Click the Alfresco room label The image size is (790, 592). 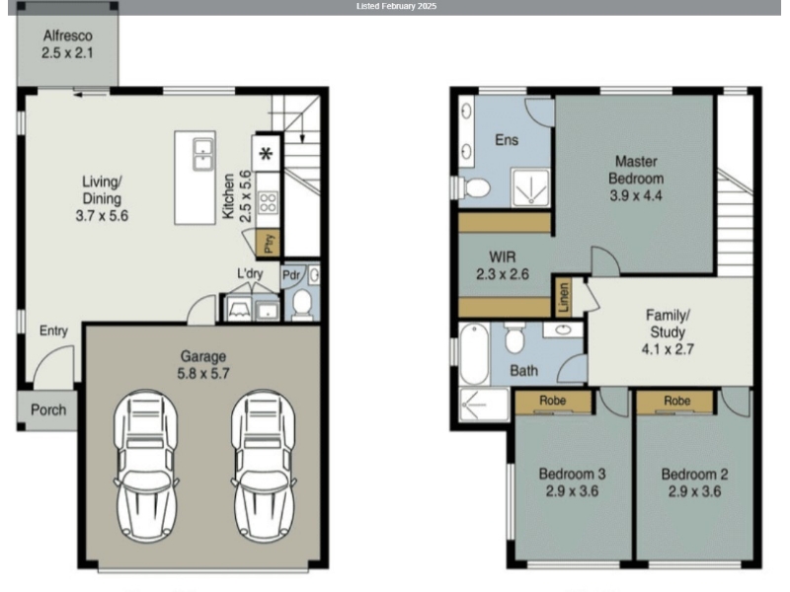click(67, 36)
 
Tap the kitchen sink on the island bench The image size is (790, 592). click(203, 155)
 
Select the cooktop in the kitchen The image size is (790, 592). click(268, 202)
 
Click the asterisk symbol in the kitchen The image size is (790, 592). click(266, 154)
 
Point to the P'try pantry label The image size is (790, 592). click(269, 244)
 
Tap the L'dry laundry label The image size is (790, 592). click(250, 274)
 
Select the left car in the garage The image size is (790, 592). click(146, 466)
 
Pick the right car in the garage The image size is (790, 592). click(264, 466)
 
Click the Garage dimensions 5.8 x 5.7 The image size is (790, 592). click(203, 374)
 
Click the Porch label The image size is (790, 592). click(48, 409)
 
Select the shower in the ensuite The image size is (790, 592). click(530, 186)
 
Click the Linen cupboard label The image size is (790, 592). click(564, 297)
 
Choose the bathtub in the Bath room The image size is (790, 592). click(474, 354)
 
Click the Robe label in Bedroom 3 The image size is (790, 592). click(553, 401)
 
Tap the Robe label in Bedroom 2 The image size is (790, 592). click(676, 401)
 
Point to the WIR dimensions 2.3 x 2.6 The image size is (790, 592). click(503, 274)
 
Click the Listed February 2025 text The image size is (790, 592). click(397, 7)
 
